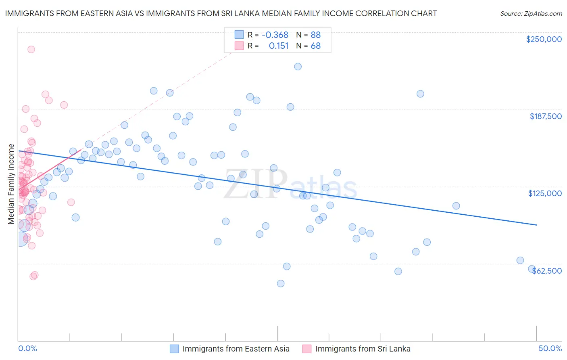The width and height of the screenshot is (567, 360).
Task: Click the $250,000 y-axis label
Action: [544, 39]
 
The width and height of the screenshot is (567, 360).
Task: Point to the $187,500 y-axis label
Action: [545, 116]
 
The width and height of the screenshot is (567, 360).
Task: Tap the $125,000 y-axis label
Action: [545, 193]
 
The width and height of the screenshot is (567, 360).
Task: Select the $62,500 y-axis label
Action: [547, 270]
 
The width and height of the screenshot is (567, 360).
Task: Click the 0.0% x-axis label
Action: [27, 348]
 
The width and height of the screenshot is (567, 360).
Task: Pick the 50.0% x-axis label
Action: [550, 348]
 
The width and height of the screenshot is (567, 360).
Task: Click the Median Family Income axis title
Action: [11, 184]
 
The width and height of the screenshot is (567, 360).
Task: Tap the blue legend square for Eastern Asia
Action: [174, 349]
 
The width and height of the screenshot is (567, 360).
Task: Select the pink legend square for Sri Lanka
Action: [307, 349]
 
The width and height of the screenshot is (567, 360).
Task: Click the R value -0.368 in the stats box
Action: [275, 35]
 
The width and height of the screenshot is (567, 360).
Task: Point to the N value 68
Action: [315, 46]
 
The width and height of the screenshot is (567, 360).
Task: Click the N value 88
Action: [315, 35]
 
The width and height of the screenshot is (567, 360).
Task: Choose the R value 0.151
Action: [279, 46]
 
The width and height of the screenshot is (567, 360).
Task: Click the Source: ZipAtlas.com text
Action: [531, 14]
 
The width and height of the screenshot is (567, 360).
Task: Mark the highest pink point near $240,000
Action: [31, 49]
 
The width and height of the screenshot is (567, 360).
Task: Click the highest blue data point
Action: [298, 67]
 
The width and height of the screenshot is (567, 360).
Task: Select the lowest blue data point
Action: [281, 283]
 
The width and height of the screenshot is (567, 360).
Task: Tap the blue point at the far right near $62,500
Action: [532, 269]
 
